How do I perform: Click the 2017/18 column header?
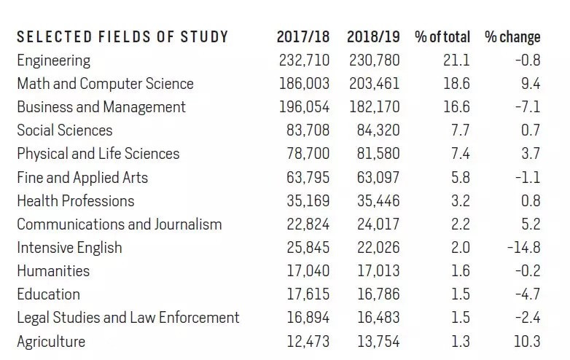pos(302,36)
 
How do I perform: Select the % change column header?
pos(512,37)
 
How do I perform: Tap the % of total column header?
pos(442,36)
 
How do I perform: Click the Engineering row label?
pos(53,60)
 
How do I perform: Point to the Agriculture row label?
pos(51,342)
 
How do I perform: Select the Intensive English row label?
pos(69,248)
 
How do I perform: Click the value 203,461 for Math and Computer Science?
pos(375,84)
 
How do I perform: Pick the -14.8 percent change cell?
pos(524,248)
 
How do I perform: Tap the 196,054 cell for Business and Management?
pos(304,107)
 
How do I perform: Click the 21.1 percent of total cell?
pos(456,60)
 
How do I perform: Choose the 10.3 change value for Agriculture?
pos(527,342)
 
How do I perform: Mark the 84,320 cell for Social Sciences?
pos(378,130)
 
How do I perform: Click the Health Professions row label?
pos(76,201)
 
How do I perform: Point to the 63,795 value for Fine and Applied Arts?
pos(308,178)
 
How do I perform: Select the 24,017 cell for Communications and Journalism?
pos(378,224)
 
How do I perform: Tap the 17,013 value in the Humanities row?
pos(378,271)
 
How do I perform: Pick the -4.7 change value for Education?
pos(528,294)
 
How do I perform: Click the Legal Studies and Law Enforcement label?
pos(128,318)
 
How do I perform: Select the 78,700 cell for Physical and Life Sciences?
pos(308,154)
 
